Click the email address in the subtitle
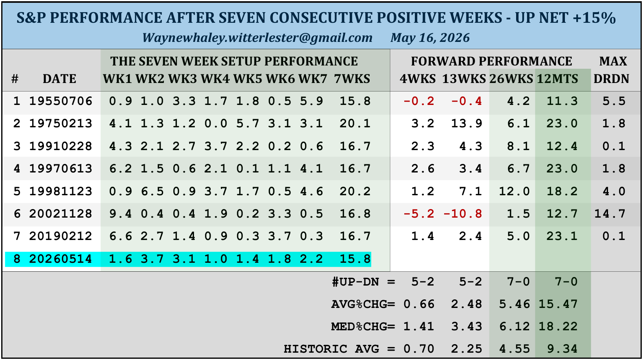tap(257, 38)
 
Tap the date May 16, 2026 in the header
tap(430, 38)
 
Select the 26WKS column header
tap(511, 79)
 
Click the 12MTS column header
tap(558, 79)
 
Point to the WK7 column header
tap(313, 79)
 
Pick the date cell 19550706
tap(61, 101)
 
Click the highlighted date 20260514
tap(61, 259)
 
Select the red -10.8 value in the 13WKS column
tap(463, 214)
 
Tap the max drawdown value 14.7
tap(610, 214)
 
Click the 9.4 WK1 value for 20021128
tap(120, 214)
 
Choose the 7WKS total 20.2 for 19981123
tap(355, 192)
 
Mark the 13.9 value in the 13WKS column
tap(466, 124)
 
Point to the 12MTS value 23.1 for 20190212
tap(562, 236)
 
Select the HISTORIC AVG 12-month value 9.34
tap(562, 349)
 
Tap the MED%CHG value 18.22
tap(558, 327)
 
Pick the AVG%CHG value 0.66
tap(419, 304)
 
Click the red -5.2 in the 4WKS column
tap(419, 214)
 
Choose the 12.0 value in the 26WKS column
tap(514, 192)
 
